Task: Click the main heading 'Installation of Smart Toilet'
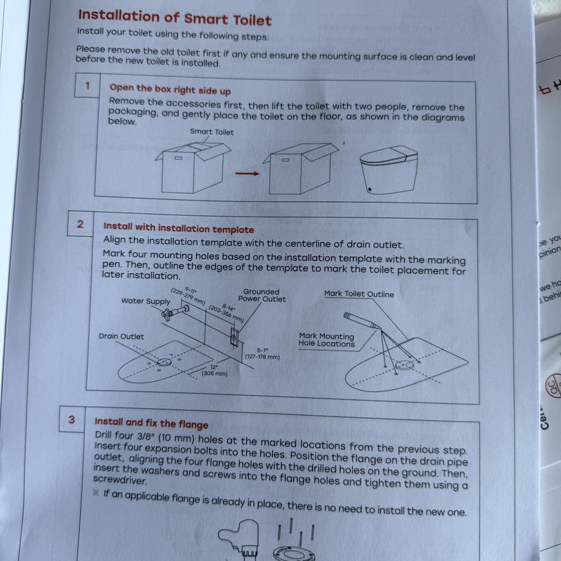pos(174,17)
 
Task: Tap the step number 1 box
pos(88,86)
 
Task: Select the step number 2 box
pos(81,225)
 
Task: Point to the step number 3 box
pos(72,420)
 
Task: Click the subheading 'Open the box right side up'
pos(170,90)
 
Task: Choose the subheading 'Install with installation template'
pos(179,228)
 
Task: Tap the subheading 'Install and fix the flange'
pos(151,423)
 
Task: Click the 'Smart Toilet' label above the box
pos(212,131)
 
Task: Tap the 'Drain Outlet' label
pos(121,337)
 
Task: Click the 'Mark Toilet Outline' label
pos(359,295)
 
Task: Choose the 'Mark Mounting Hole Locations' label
pos(327,340)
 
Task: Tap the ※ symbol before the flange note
pos(97,493)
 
